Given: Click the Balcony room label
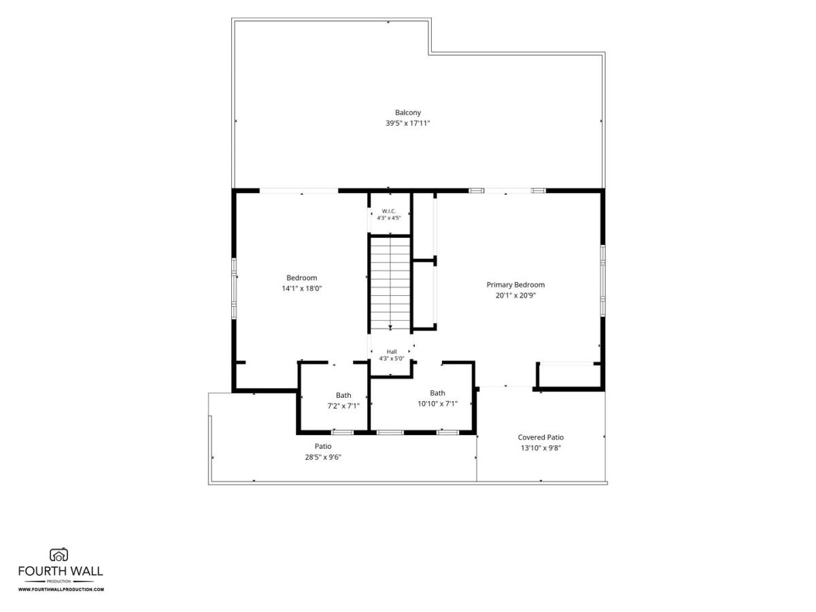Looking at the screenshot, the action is [407, 113].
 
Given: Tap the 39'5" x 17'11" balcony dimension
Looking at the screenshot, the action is [407, 123].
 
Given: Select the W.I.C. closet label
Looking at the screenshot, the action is [389, 211].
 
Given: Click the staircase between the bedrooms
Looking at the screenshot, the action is [390, 283].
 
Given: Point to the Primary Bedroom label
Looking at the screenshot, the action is [515, 285].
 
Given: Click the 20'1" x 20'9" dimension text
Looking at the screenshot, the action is [515, 296].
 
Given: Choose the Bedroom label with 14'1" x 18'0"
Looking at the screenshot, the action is [301, 278].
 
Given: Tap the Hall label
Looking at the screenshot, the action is [392, 352].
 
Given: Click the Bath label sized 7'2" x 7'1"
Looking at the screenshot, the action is [343, 395].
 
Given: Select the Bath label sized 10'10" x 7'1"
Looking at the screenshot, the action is [437, 393].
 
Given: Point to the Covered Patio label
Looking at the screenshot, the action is [541, 437].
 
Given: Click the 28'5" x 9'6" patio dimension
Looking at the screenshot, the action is [323, 458].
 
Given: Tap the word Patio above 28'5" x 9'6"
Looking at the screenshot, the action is [323, 446].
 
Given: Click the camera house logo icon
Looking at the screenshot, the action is [58, 555].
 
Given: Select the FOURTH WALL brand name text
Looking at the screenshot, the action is [61, 571].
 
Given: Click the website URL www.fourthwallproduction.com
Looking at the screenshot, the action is [61, 590].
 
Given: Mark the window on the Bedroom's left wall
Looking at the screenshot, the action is [234, 288].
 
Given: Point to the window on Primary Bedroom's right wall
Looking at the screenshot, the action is [602, 281].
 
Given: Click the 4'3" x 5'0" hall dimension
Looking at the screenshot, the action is [392, 358].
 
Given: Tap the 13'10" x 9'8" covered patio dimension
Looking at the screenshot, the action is [541, 448].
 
